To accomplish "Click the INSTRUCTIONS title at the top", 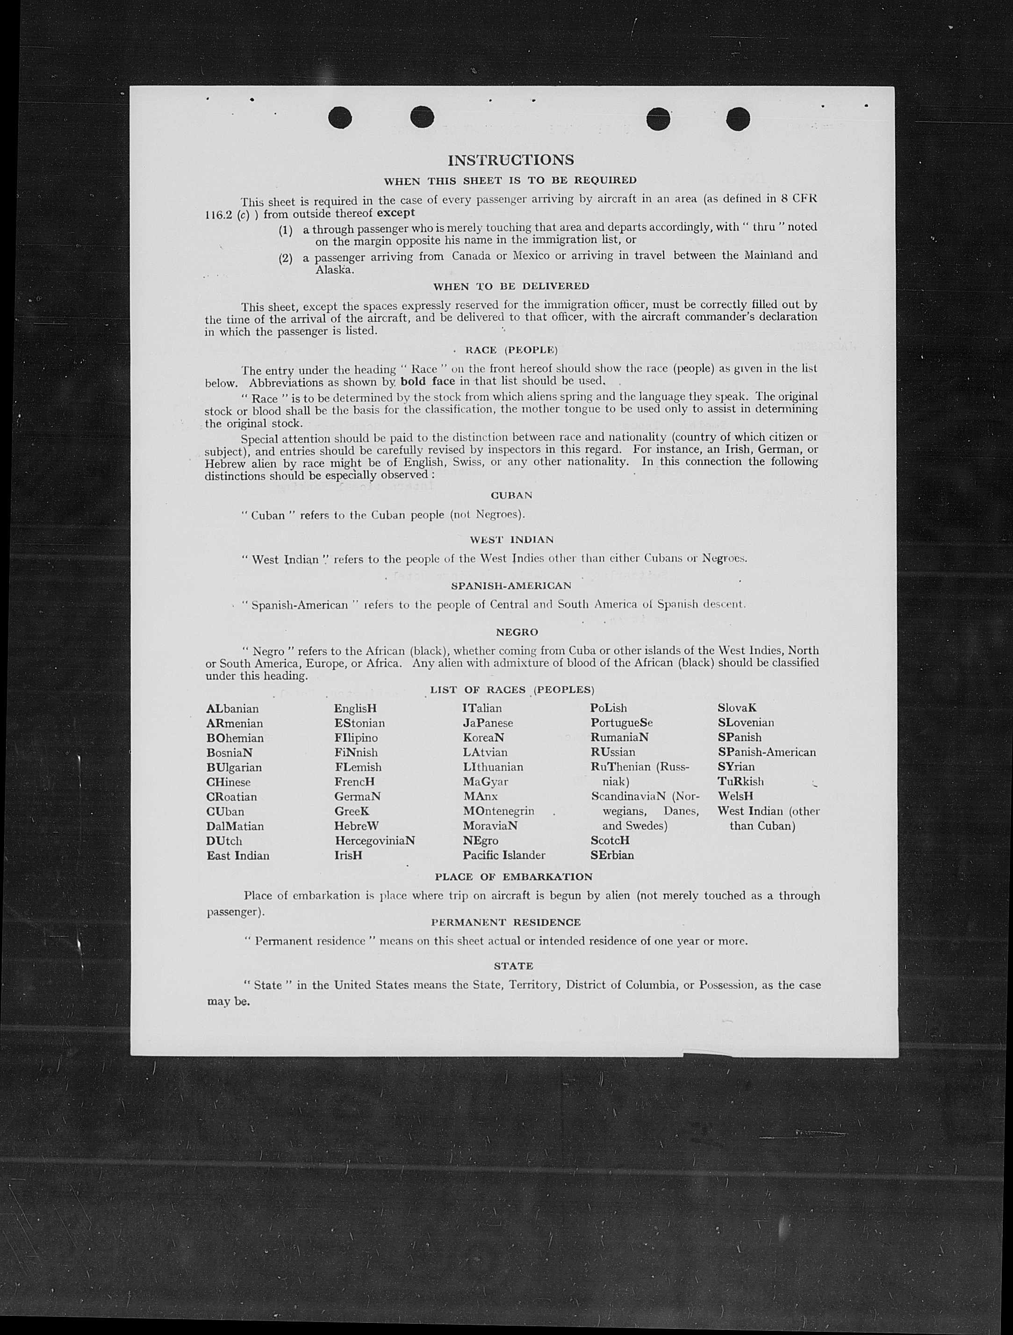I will coord(510,160).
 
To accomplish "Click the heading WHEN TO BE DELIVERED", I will coord(511,286).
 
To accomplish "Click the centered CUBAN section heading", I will coord(511,496).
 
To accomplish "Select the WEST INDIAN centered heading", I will coord(511,540).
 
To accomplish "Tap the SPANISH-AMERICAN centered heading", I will coord(511,585).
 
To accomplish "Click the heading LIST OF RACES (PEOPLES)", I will coord(511,690).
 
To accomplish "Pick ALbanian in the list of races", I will coord(232,708).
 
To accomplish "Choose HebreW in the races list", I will coord(357,826).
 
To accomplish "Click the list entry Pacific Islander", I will coord(504,855).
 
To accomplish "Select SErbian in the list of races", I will coord(612,855).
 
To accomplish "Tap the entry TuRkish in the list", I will coord(740,781).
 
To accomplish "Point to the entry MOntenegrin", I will coord(498,811).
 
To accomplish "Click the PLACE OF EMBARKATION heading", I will coord(513,876).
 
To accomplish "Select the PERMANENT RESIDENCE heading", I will coord(506,922).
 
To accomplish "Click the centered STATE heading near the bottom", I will coord(513,966).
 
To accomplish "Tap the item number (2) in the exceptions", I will coord(285,258).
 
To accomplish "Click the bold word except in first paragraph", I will coord(396,213).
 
